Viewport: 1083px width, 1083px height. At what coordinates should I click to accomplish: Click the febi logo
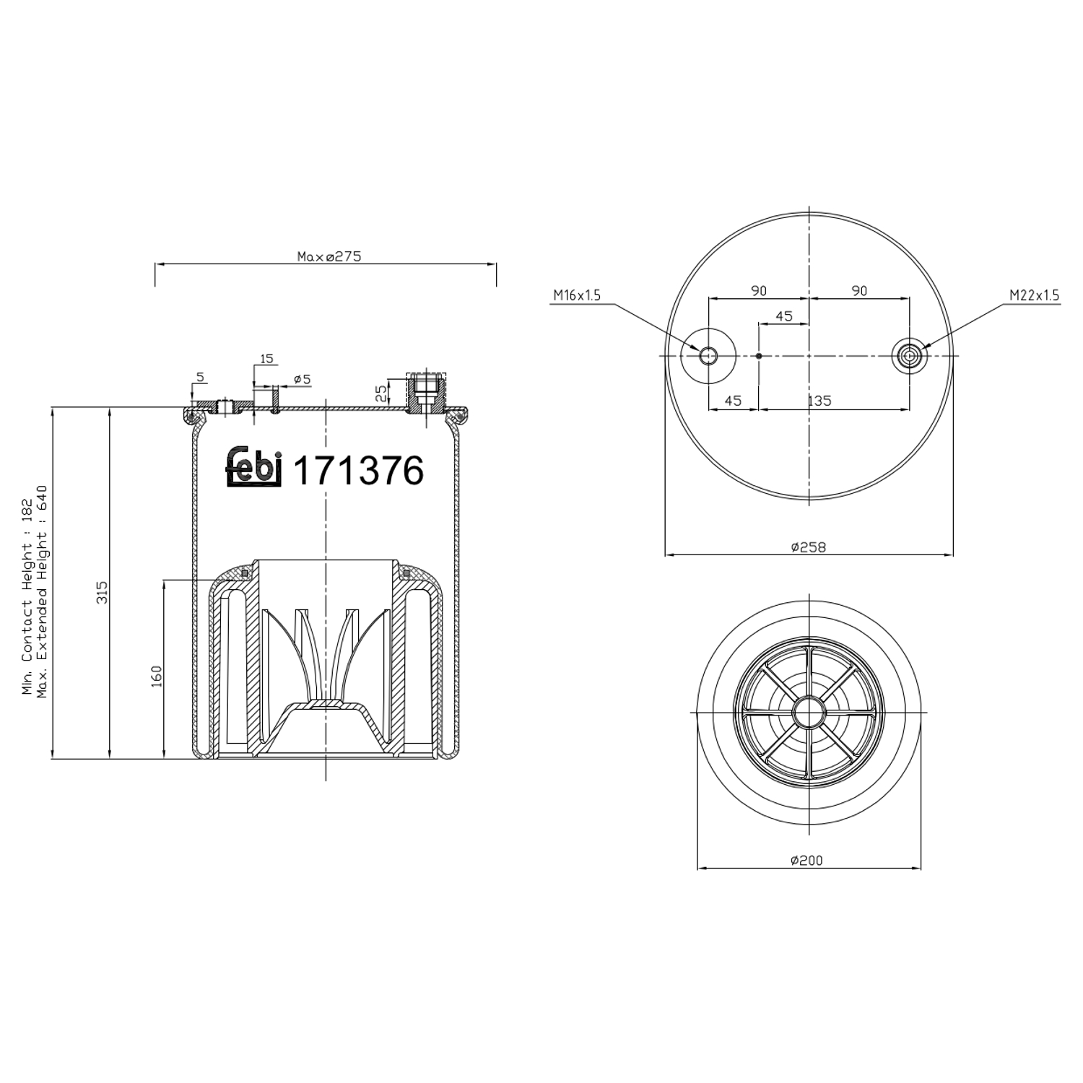[253, 467]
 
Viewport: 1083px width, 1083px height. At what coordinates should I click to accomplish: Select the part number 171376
[358, 471]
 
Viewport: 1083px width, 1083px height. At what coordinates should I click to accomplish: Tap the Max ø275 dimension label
[329, 256]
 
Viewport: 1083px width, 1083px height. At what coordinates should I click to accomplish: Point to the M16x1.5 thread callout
[577, 295]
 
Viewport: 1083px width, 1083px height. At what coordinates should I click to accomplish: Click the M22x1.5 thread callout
[1034, 295]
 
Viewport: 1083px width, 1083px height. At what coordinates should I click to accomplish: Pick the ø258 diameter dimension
[808, 547]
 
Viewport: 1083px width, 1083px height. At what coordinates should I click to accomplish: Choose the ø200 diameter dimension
[806, 860]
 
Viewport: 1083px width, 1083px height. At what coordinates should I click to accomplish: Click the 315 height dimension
[103, 592]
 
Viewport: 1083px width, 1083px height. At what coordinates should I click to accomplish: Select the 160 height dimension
[157, 676]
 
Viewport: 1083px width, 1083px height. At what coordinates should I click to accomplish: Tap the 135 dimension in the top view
[819, 401]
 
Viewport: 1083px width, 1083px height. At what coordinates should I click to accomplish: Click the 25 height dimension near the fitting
[381, 393]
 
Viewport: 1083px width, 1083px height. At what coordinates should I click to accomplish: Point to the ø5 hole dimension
[302, 379]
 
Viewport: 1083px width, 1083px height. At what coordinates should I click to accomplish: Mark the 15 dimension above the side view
[266, 359]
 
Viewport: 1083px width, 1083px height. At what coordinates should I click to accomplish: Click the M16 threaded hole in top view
[708, 355]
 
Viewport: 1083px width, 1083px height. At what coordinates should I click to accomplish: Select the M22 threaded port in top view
[909, 355]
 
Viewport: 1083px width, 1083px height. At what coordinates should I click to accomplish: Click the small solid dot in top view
[758, 355]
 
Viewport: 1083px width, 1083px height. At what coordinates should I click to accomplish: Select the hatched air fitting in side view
[426, 393]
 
